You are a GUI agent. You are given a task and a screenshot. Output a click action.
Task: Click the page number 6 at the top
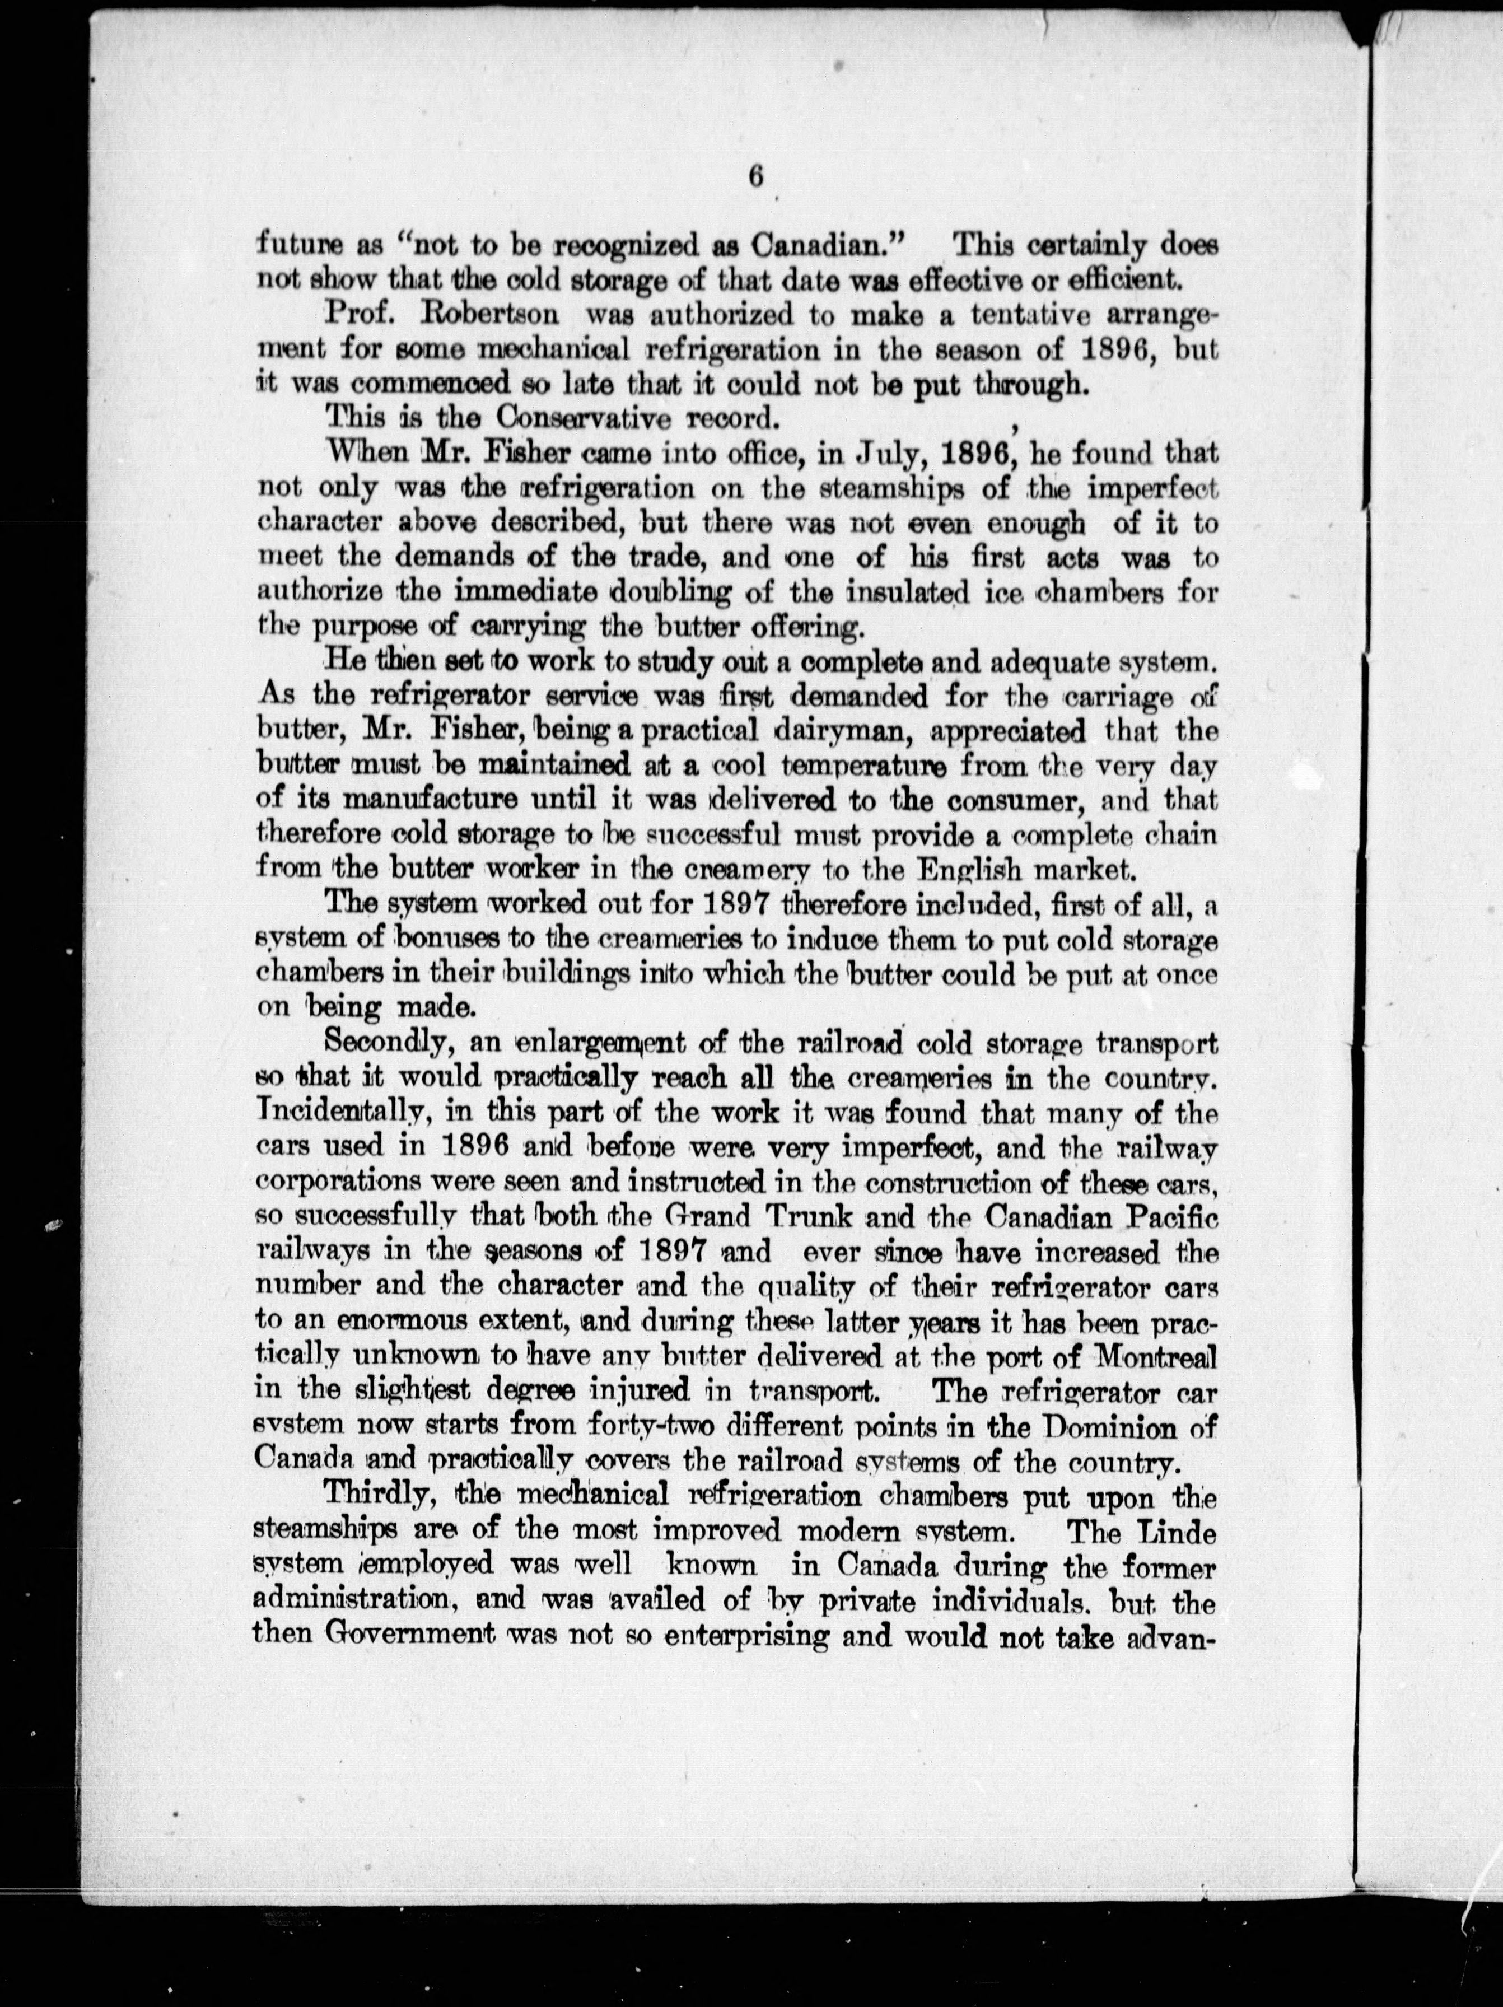click(755, 177)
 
